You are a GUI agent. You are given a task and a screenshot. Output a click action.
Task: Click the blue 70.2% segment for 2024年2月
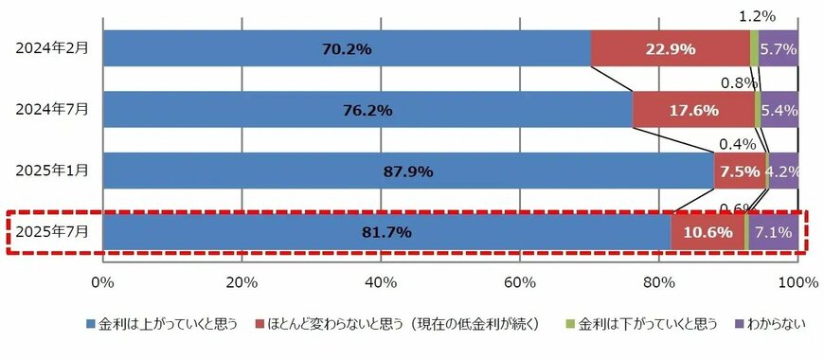pos(346,48)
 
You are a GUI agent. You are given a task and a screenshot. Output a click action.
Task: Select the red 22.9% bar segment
pos(670,48)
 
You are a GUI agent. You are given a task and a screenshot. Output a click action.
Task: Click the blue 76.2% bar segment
pos(367,110)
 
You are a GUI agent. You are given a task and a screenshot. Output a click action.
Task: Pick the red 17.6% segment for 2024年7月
pos(692,110)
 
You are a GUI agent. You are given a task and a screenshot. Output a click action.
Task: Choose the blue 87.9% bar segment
pos(407,171)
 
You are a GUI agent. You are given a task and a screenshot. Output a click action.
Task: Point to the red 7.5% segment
pos(739,171)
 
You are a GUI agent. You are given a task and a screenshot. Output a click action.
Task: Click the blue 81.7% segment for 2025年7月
pos(385,232)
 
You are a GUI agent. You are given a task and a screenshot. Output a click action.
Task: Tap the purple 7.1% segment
pos(774,232)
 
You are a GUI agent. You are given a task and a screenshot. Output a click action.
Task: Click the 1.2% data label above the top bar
pos(757,15)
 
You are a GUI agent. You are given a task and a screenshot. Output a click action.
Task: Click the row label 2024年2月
pos(52,48)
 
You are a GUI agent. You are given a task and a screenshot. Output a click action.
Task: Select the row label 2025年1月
pos(52,171)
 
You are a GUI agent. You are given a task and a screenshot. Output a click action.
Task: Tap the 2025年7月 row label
pos(52,232)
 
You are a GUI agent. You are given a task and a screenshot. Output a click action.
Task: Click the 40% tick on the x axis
pos(380,281)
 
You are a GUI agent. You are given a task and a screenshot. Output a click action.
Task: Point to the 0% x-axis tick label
pos(102,281)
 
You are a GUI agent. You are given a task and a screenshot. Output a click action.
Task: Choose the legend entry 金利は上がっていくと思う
pos(166,325)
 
